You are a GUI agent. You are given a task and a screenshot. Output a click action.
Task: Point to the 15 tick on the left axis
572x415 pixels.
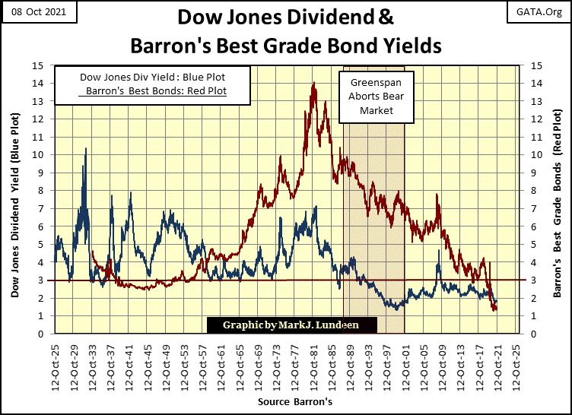click(45, 65)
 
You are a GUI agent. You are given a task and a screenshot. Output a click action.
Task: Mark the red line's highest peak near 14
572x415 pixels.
click(313, 84)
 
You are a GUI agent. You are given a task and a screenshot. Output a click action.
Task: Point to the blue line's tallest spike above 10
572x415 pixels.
click(85, 149)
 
